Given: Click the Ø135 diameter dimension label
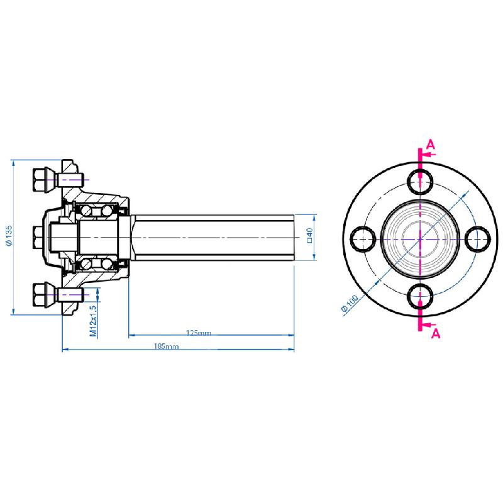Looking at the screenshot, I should [8, 238].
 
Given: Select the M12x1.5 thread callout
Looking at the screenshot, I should [93, 321].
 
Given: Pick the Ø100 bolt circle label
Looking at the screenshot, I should [349, 304].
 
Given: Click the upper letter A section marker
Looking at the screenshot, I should [430, 144].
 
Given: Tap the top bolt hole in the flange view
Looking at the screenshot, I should [419, 181].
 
